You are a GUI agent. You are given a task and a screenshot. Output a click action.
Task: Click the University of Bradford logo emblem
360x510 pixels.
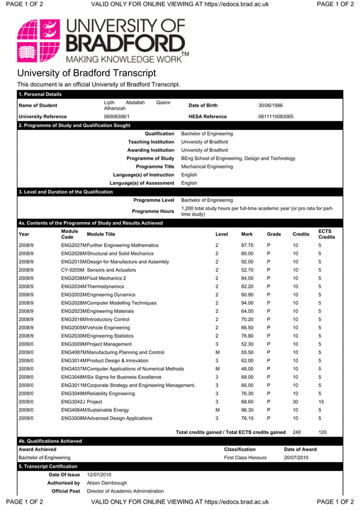tap(38, 40)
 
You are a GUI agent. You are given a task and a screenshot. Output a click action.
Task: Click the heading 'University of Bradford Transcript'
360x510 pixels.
tap(86, 73)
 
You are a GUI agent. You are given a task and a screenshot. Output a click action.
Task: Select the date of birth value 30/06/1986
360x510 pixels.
tap(270, 106)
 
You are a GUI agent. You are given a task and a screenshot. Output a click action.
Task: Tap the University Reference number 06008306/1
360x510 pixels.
tap(117, 116)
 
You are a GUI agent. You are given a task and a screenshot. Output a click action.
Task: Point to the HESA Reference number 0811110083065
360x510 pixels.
tap(275, 116)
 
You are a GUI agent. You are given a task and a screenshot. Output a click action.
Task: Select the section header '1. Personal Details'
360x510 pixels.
tap(40, 94)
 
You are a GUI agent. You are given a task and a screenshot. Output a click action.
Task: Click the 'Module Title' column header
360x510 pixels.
tap(101, 234)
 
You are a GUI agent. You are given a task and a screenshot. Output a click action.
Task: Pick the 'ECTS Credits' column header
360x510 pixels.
tap(326, 234)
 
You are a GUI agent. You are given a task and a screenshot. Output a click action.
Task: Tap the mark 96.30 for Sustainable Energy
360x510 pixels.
tap(247, 410)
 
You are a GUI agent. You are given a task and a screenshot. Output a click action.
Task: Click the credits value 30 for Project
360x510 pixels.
tap(296, 402)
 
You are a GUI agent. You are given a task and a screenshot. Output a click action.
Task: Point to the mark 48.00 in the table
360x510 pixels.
tap(247, 369)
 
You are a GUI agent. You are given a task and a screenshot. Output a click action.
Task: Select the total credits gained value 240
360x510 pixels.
tap(296, 432)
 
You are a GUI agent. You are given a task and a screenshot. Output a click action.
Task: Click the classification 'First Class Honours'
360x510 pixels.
tap(245, 457)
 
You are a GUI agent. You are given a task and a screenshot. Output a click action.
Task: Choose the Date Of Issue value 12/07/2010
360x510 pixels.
tap(99, 475)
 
